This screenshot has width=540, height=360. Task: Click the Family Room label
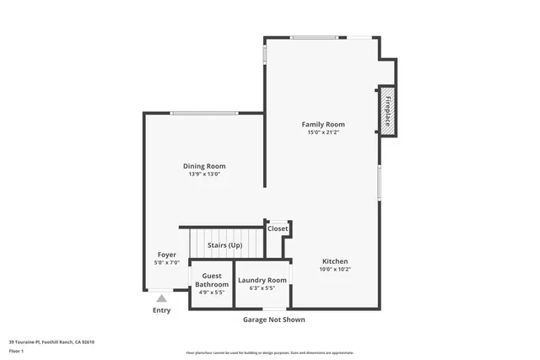point(323,125)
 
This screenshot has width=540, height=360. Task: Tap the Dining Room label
point(204,166)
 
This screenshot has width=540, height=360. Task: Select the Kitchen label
point(334,261)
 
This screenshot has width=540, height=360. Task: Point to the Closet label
point(278,228)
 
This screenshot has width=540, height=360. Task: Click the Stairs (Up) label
point(224,245)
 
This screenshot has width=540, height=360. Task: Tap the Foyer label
point(166,255)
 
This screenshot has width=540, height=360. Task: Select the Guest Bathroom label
point(212,280)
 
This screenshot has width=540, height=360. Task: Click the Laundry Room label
point(262,280)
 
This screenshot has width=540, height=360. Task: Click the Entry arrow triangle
point(161,298)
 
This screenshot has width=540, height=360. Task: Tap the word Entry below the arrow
point(161,310)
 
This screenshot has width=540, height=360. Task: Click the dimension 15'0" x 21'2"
point(323,132)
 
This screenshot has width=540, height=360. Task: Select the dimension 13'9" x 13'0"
point(204,175)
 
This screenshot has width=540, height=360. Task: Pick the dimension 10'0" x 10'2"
point(334,270)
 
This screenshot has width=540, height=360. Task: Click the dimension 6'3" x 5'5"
point(262,288)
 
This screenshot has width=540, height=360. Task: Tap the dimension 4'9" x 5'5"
point(212,293)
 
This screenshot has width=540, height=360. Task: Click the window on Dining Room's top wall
point(203,114)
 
